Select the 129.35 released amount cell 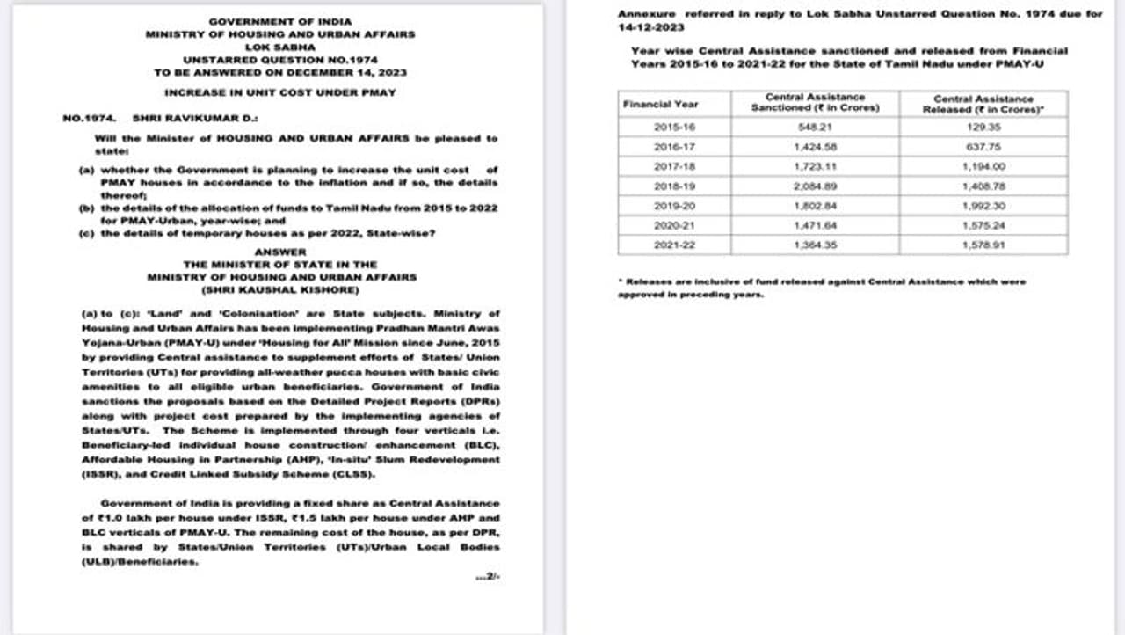pyautogui.click(x=983, y=128)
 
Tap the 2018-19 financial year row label pyautogui.click(x=674, y=186)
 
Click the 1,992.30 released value pyautogui.click(x=983, y=206)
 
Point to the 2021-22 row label pyautogui.click(x=674, y=245)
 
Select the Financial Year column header pyautogui.click(x=660, y=104)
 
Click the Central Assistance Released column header pyautogui.click(x=983, y=104)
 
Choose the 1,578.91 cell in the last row pyautogui.click(x=983, y=245)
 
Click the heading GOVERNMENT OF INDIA pyautogui.click(x=280, y=22)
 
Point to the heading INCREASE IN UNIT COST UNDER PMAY pyautogui.click(x=280, y=92)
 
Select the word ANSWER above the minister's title pyautogui.click(x=280, y=252)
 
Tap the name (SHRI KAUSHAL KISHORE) pyautogui.click(x=280, y=289)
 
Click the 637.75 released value pyautogui.click(x=983, y=147)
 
